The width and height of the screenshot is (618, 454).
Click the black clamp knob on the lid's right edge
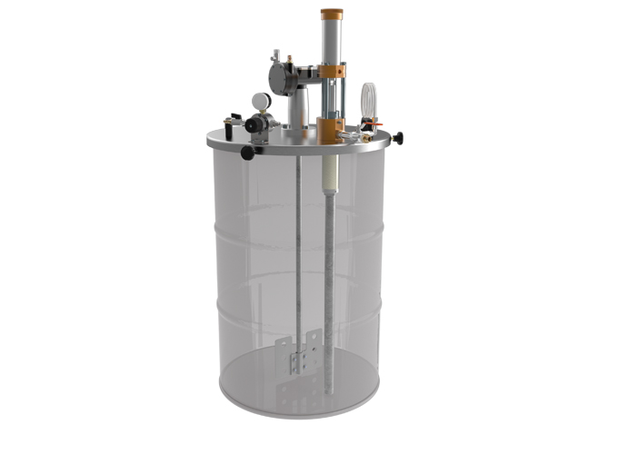(397, 138)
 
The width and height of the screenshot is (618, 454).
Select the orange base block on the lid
(329, 128)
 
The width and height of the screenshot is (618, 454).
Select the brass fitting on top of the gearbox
(288, 60)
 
